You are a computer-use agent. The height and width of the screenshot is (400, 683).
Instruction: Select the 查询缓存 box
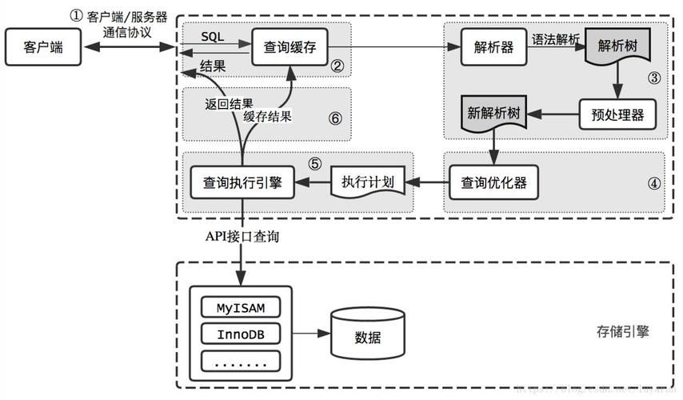290,48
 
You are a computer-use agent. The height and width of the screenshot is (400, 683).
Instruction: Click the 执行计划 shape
367,182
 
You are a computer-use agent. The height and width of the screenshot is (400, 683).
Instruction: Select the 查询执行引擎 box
241,182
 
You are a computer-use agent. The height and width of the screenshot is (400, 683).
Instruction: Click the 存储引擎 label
622,330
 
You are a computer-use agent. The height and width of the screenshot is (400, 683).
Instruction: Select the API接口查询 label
243,238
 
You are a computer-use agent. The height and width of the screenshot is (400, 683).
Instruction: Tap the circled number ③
653,78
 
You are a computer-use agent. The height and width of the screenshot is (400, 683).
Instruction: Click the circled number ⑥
335,118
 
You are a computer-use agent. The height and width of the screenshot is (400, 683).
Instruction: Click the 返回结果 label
229,103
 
